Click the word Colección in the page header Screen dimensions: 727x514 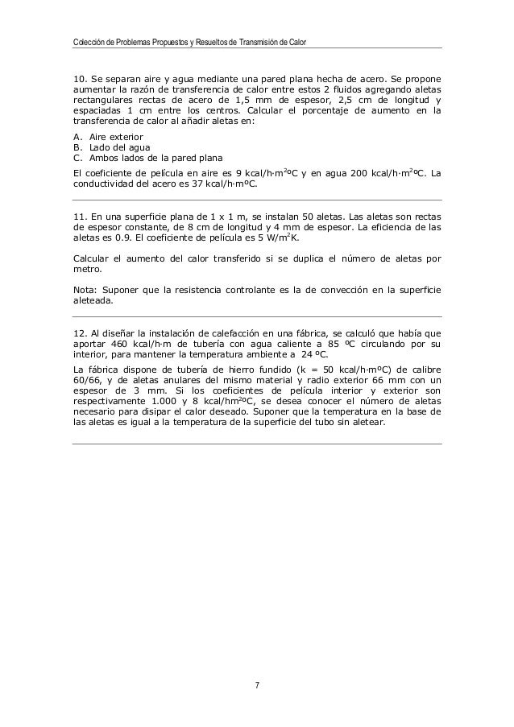click(x=88, y=41)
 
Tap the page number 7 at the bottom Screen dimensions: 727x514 click(x=257, y=685)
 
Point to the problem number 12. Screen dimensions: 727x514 click(x=79, y=333)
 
